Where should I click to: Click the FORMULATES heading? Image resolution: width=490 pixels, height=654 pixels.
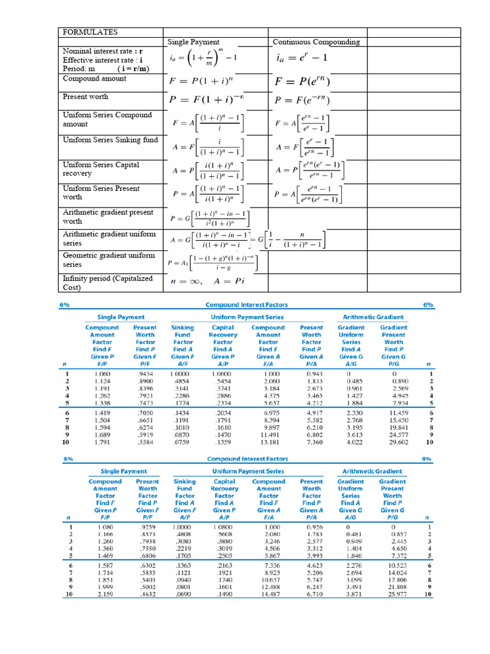click(x=90, y=32)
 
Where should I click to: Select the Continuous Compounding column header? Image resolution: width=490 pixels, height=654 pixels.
click(x=316, y=42)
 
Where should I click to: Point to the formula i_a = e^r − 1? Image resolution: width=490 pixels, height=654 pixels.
click(x=301, y=59)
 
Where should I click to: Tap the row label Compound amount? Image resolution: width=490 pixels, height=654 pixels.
click(x=94, y=79)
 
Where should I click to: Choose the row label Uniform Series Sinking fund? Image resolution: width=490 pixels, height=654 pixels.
click(x=110, y=139)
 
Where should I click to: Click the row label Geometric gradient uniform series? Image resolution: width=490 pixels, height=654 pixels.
click(x=109, y=259)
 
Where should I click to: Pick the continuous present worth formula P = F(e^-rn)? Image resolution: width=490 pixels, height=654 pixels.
click(x=302, y=100)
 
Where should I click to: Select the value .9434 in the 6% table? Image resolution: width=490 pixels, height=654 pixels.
click(x=145, y=374)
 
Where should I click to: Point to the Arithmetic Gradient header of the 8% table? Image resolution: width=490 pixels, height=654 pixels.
click(x=372, y=471)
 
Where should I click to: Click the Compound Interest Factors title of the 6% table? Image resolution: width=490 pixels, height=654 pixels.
click(x=247, y=305)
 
